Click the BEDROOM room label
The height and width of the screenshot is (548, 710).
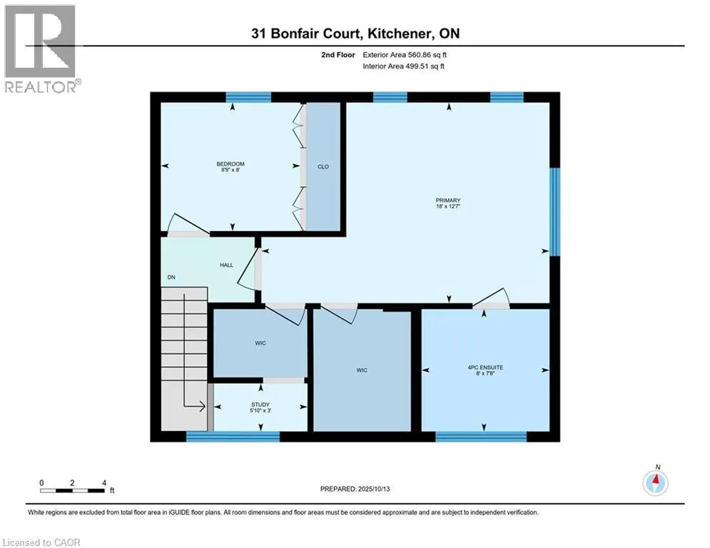click(230, 165)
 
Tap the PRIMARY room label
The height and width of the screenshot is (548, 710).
click(449, 201)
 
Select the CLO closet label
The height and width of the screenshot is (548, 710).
click(323, 166)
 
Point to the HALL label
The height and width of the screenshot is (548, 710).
click(225, 265)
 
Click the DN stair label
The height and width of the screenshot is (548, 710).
click(171, 278)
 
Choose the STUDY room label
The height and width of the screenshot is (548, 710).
click(260, 405)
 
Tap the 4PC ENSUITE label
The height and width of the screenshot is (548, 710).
click(485, 367)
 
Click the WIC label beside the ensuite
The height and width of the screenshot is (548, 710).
click(363, 370)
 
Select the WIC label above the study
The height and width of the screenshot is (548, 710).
click(260, 343)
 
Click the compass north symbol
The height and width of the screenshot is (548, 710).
click(655, 483)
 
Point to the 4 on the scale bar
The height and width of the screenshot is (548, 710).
click(104, 483)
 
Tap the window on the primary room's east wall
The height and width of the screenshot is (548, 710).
click(554, 210)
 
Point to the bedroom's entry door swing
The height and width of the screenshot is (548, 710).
click(188, 224)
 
